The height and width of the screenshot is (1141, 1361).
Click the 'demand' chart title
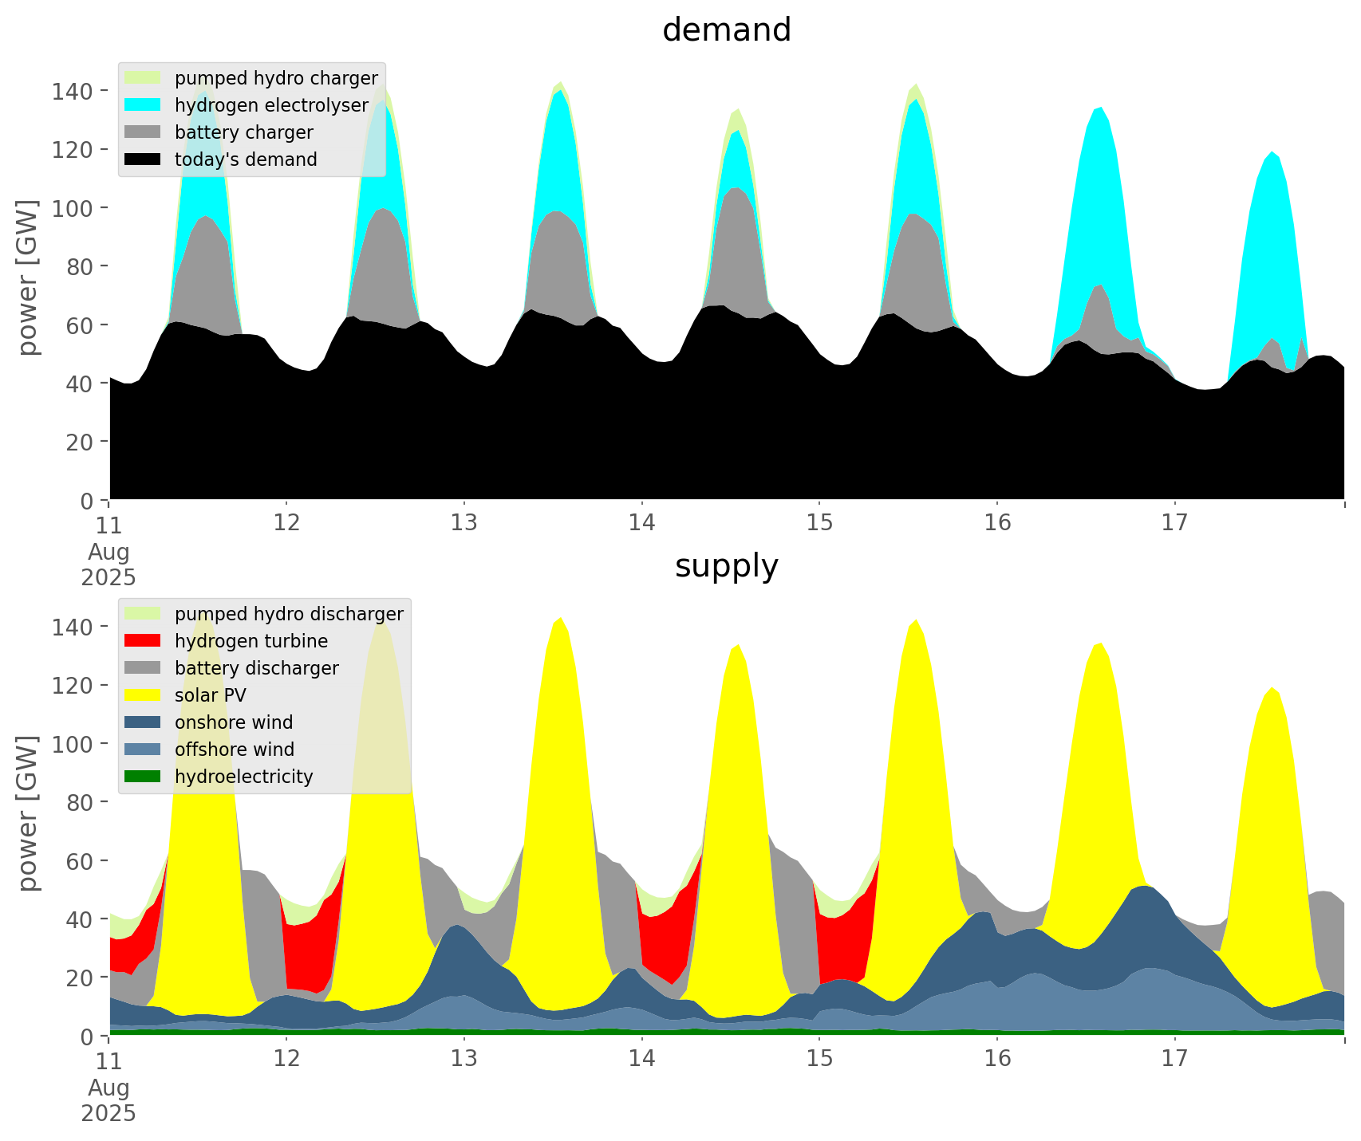(726, 30)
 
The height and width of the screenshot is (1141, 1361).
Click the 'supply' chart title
(726, 566)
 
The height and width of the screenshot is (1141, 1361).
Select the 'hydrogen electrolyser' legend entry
(271, 105)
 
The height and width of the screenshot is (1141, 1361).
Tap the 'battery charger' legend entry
(243, 132)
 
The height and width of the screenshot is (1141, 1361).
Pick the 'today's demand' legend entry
(246, 159)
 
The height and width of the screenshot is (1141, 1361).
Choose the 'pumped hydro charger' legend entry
(276, 78)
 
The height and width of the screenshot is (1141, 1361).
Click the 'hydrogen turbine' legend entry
(251, 641)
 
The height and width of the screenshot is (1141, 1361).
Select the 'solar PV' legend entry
(211, 695)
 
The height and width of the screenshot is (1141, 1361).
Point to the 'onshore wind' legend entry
(234, 722)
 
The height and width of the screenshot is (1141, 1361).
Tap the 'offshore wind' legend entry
(235, 750)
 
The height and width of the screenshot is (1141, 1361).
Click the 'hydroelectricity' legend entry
(243, 777)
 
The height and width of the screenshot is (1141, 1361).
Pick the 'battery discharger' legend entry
(256, 668)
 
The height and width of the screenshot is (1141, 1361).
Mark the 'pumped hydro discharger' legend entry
(289, 614)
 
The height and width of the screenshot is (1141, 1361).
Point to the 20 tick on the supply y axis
(81, 978)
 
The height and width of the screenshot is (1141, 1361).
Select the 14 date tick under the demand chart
(641, 523)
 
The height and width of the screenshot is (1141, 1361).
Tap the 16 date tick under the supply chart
(997, 1059)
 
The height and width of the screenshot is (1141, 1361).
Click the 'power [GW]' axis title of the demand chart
(29, 277)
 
